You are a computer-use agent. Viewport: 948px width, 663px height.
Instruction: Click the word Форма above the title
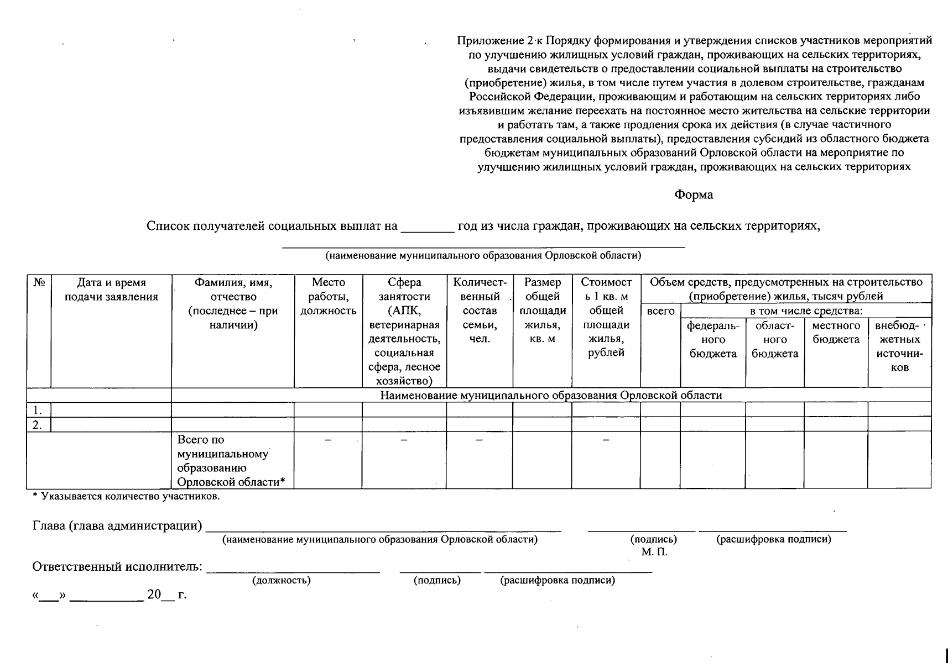(694, 195)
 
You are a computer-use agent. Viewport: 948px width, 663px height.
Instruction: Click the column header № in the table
(39, 283)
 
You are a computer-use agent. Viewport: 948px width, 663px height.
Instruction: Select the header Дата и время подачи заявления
(111, 290)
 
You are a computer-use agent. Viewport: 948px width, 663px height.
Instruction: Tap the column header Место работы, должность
(328, 297)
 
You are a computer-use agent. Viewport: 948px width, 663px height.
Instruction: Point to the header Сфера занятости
(404, 331)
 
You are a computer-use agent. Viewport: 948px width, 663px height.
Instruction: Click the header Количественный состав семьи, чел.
(480, 311)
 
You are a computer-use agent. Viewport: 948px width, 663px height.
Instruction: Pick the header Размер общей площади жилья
(542, 311)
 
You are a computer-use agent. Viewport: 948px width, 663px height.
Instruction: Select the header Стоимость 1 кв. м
(606, 318)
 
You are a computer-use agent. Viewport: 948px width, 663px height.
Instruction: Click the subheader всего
(660, 311)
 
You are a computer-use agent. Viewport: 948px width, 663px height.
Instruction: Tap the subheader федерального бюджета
(713, 340)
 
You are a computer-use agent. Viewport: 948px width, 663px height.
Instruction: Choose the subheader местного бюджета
(836, 333)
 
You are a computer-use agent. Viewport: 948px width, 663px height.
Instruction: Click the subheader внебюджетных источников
(899, 346)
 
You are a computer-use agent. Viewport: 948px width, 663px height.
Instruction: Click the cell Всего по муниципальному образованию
(232, 461)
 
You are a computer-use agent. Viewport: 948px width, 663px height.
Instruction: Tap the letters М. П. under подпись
(654, 552)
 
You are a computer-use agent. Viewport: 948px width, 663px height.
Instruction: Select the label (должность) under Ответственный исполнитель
(281, 581)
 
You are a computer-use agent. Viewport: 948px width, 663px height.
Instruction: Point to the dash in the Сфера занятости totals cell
(404, 440)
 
